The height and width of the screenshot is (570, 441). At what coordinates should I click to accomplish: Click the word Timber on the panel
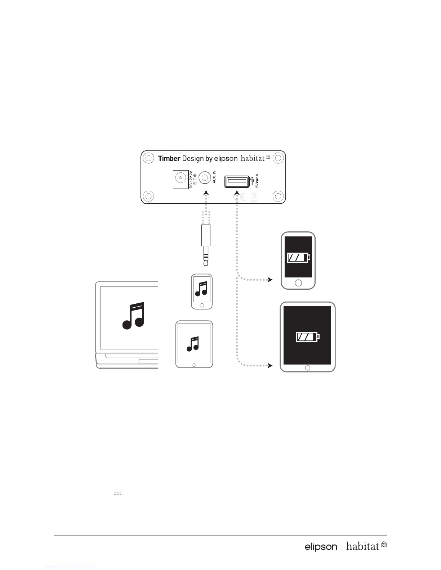pyautogui.click(x=169, y=159)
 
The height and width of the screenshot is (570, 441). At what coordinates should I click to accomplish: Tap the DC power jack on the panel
pyautogui.click(x=179, y=179)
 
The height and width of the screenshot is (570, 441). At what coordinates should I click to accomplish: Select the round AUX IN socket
pyautogui.click(x=205, y=177)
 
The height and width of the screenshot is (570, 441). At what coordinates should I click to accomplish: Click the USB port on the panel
pyautogui.click(x=237, y=181)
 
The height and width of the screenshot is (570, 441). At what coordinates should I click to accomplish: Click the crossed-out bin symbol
pyautogui.click(x=254, y=197)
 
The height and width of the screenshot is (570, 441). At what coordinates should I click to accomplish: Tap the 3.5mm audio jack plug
pyautogui.click(x=205, y=245)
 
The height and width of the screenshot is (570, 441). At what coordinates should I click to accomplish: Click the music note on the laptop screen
pyautogui.click(x=134, y=315)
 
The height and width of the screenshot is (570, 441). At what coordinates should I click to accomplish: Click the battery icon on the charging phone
pyautogui.click(x=298, y=258)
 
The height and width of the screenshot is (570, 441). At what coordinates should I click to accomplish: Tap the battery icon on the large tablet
pyautogui.click(x=308, y=337)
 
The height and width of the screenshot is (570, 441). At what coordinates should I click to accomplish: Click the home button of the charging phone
pyautogui.click(x=298, y=283)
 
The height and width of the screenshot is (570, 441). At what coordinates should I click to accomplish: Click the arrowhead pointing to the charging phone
pyautogui.click(x=270, y=280)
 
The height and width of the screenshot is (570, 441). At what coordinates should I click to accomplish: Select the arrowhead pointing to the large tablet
pyautogui.click(x=270, y=366)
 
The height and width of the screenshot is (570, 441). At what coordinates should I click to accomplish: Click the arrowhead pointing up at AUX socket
pyautogui.click(x=205, y=194)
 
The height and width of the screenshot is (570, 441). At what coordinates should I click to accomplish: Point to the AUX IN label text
pyautogui.click(x=214, y=177)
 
